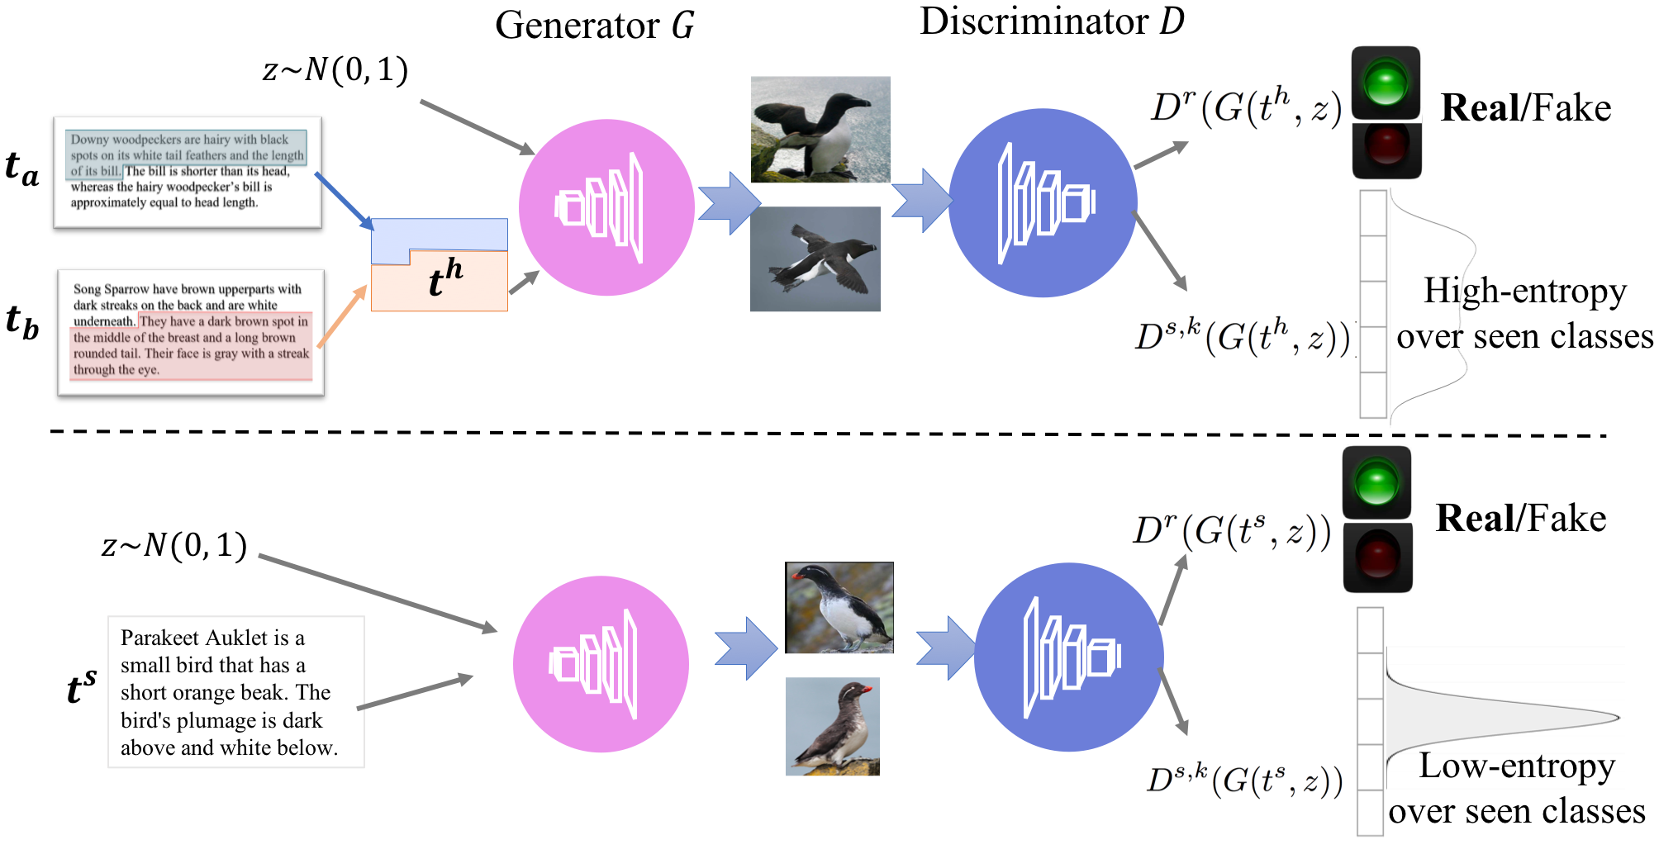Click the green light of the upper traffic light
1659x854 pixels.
tap(1386, 82)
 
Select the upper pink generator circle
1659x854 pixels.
tap(606, 207)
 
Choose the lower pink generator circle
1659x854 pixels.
tap(601, 664)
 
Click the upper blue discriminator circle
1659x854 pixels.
tap(1043, 203)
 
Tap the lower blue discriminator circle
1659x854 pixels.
tap(1068, 657)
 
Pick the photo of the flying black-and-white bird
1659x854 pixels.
tap(815, 259)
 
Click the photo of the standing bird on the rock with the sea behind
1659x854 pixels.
tap(820, 129)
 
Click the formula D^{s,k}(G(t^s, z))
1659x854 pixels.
tap(1244, 778)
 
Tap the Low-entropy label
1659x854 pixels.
tap(1516, 766)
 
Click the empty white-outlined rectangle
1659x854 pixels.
tap(236, 692)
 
